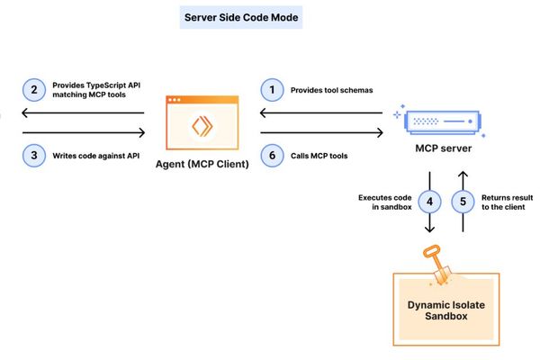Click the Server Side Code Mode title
pos(241,17)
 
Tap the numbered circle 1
pos(269,90)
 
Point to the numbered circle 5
pos(464,202)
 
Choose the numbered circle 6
pos(269,155)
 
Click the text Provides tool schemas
pos(330,90)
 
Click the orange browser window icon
pos(202,126)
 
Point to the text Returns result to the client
pos(506,202)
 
